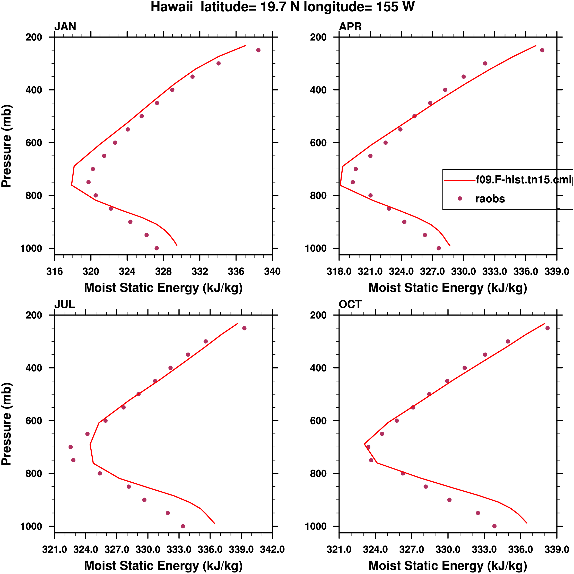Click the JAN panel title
(x=65, y=27)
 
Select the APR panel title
(x=350, y=27)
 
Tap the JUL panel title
(x=64, y=304)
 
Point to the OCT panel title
(x=350, y=304)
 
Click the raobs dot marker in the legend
(x=460, y=198)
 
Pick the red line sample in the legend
(x=459, y=180)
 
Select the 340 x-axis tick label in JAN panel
(x=272, y=272)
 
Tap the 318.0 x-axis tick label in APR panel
(x=339, y=272)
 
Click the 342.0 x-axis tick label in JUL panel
(x=272, y=549)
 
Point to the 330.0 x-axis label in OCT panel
(x=448, y=549)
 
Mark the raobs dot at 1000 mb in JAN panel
(x=156, y=248)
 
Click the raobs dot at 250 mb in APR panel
(x=542, y=50)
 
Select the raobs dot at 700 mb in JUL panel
(x=71, y=447)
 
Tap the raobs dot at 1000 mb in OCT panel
(x=494, y=526)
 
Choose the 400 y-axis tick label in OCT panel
(x=318, y=368)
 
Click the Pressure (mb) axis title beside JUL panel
(x=6, y=424)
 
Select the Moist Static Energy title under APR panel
(x=448, y=288)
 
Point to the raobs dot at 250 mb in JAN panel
(x=258, y=50)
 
